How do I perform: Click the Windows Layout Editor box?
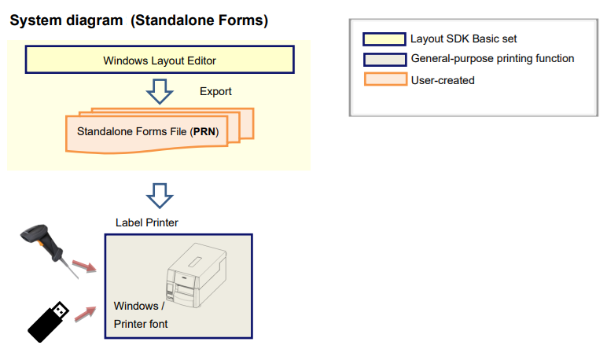[160, 60]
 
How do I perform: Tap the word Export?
[215, 92]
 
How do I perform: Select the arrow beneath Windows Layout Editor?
[160, 92]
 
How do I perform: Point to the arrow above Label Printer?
[160, 194]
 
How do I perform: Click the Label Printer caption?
[147, 222]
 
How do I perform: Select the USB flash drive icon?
[50, 319]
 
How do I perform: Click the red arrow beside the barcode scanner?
[84, 265]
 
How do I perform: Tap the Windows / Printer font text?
[141, 314]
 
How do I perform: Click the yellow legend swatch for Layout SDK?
[384, 39]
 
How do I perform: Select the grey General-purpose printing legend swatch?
[384, 59]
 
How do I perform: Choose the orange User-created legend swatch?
[384, 79]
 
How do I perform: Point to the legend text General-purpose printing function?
[492, 59]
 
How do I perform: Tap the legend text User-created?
[443, 79]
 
